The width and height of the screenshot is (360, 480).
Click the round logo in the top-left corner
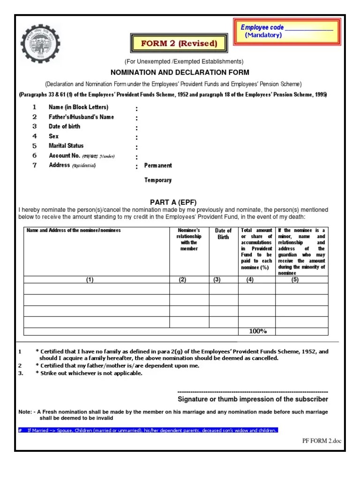tap(41, 44)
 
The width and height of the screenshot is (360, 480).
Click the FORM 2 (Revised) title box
tap(180, 44)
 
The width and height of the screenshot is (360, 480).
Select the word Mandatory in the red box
tap(263, 35)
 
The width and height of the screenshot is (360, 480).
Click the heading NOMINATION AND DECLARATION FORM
tap(180, 73)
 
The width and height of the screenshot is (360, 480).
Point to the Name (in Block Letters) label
tap(78, 107)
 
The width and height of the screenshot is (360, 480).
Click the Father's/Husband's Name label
tap(81, 117)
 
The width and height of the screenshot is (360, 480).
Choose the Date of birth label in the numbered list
tap(64, 127)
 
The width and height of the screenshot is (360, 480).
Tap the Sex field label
tap(53, 136)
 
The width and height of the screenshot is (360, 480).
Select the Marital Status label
tap(66, 146)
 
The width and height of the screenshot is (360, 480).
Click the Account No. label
tap(65, 156)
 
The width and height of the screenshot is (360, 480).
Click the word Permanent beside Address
tap(158, 165)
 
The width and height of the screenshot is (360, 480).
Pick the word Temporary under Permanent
tap(158, 180)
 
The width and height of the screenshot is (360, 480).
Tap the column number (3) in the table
tap(217, 280)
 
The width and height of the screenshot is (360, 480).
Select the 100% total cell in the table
tap(257, 331)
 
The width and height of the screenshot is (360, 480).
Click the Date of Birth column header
tap(223, 233)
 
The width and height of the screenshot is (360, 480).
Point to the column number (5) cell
tap(295, 280)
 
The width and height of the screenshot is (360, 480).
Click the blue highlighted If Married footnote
tap(148, 430)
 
